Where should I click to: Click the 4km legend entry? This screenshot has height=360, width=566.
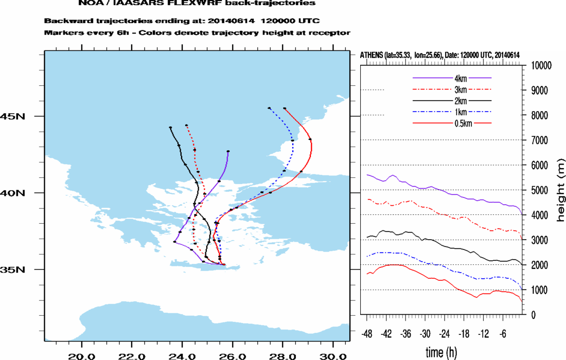[460, 78]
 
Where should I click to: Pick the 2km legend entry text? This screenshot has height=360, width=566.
[460, 101]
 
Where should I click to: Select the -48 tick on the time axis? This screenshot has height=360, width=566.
[367, 333]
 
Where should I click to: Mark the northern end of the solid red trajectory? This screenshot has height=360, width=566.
[285, 108]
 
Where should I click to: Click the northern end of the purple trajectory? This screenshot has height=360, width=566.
[228, 152]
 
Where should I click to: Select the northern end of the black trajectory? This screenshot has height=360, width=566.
[170, 127]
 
